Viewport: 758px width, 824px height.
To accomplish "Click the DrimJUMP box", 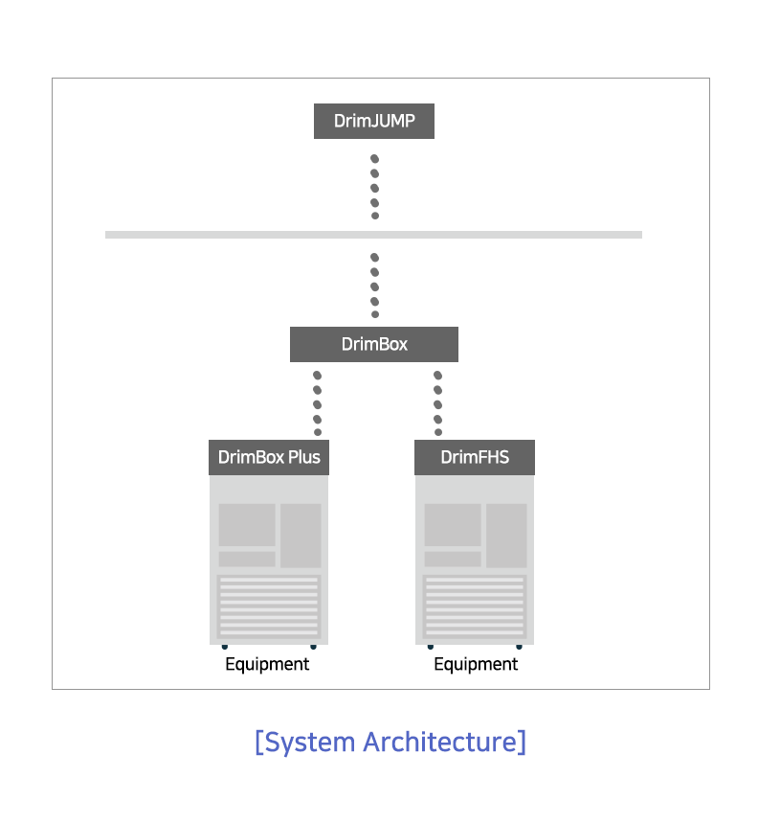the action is click(x=374, y=121).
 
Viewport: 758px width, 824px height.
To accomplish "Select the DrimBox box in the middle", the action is click(x=374, y=344).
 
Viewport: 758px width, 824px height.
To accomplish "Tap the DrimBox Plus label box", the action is click(x=269, y=457).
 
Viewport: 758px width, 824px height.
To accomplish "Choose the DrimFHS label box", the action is click(x=475, y=457).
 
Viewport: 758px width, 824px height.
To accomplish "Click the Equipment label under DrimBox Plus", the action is click(x=267, y=664).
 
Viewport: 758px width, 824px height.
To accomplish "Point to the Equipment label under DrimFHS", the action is click(x=476, y=664).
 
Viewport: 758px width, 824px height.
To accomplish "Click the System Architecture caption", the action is click(x=390, y=742).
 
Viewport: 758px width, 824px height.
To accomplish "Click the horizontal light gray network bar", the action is click(x=374, y=235).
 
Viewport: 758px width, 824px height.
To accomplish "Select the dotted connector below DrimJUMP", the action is click(x=375, y=187).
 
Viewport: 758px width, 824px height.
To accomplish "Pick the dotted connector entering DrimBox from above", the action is click(x=375, y=286).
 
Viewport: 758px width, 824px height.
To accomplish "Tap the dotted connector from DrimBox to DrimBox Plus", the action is click(x=317, y=403).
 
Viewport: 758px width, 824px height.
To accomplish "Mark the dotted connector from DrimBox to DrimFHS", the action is click(x=437, y=403).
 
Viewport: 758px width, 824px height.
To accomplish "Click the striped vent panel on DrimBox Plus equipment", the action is click(x=269, y=607).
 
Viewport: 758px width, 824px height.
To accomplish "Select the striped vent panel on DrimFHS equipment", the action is click(x=475, y=607).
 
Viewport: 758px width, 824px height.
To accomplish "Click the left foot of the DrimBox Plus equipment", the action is click(x=225, y=647).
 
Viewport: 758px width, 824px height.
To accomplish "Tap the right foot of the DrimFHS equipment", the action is click(x=519, y=647).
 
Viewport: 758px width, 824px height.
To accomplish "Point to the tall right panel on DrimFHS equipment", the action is click(x=506, y=536).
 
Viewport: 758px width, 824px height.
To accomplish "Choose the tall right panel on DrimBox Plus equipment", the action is click(x=301, y=536).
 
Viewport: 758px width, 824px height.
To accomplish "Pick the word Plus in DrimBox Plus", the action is click(x=304, y=457).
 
